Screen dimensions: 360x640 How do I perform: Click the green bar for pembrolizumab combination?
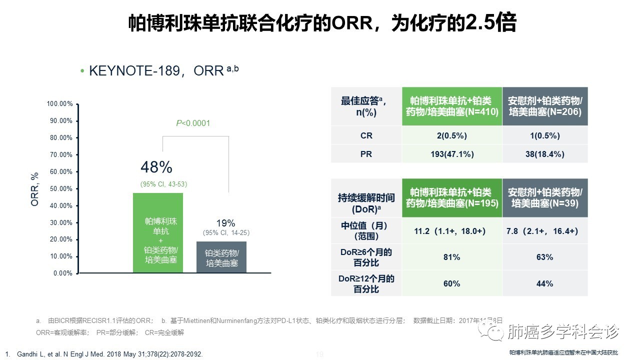158,232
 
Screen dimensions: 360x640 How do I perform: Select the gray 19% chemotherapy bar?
221,257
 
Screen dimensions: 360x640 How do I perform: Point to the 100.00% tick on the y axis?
60,104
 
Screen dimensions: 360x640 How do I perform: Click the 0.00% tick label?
63,273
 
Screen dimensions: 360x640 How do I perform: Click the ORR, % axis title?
34,189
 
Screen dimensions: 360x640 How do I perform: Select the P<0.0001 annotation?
193,123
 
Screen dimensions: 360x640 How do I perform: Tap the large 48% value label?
156,167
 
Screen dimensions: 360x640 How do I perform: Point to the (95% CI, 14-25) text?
226,233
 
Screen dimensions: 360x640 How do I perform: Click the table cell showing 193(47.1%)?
452,154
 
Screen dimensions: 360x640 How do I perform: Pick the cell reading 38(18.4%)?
545,154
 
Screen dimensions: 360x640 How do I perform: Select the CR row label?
366,135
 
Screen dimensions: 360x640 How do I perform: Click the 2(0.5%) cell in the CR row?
452,135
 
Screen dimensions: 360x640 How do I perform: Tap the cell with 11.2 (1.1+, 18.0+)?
452,231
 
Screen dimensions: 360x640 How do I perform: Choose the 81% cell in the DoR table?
452,257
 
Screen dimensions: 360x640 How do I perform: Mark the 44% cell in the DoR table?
545,283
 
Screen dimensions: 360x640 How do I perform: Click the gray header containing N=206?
545,106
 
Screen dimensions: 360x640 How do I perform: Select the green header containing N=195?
452,197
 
